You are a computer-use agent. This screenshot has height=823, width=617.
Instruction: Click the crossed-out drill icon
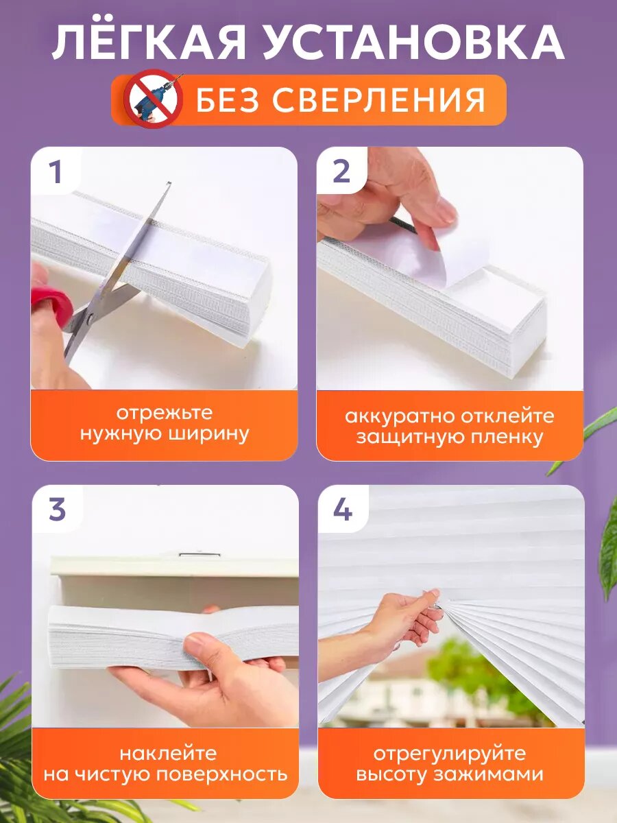coord(153,99)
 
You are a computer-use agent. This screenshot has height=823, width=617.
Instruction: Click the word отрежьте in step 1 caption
coord(165,413)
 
